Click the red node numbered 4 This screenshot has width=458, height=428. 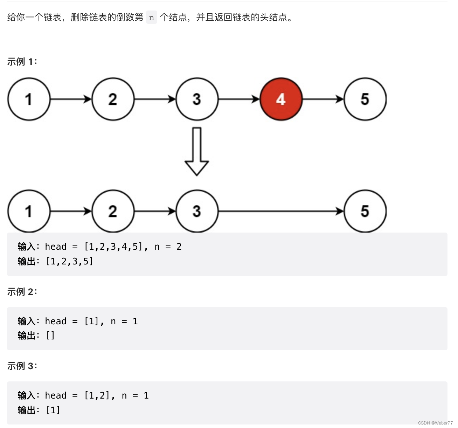[x=281, y=99]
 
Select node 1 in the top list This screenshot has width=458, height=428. [x=29, y=99]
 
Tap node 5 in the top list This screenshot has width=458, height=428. [x=365, y=99]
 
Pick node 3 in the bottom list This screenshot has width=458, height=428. [x=197, y=211]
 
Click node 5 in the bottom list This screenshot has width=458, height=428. [x=365, y=211]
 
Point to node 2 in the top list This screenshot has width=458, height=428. [x=113, y=99]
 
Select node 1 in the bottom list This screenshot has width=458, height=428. [x=29, y=211]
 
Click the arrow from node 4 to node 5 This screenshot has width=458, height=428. [x=323, y=99]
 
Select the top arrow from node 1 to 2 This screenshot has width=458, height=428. [x=71, y=99]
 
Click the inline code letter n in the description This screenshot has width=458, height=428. [x=152, y=18]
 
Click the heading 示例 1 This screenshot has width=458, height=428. [x=22, y=62]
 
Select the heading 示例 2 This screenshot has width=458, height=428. [x=22, y=291]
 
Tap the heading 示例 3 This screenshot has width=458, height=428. [x=22, y=366]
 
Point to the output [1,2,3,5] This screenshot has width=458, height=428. [x=70, y=262]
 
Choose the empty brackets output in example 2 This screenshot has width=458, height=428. [x=50, y=336]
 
